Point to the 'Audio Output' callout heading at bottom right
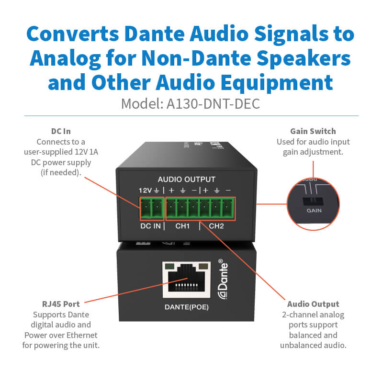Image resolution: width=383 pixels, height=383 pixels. coord(313,304)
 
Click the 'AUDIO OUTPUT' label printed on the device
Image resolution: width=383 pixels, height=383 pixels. coord(187,179)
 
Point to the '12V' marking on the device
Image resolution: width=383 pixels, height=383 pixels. coord(145,190)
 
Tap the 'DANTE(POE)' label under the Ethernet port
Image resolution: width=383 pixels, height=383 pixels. coord(187,308)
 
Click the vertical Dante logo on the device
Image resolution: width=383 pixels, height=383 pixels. coord(222,280)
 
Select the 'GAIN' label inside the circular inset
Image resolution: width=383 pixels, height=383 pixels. coord(315,210)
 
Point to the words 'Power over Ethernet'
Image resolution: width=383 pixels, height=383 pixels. coord(60,335)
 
